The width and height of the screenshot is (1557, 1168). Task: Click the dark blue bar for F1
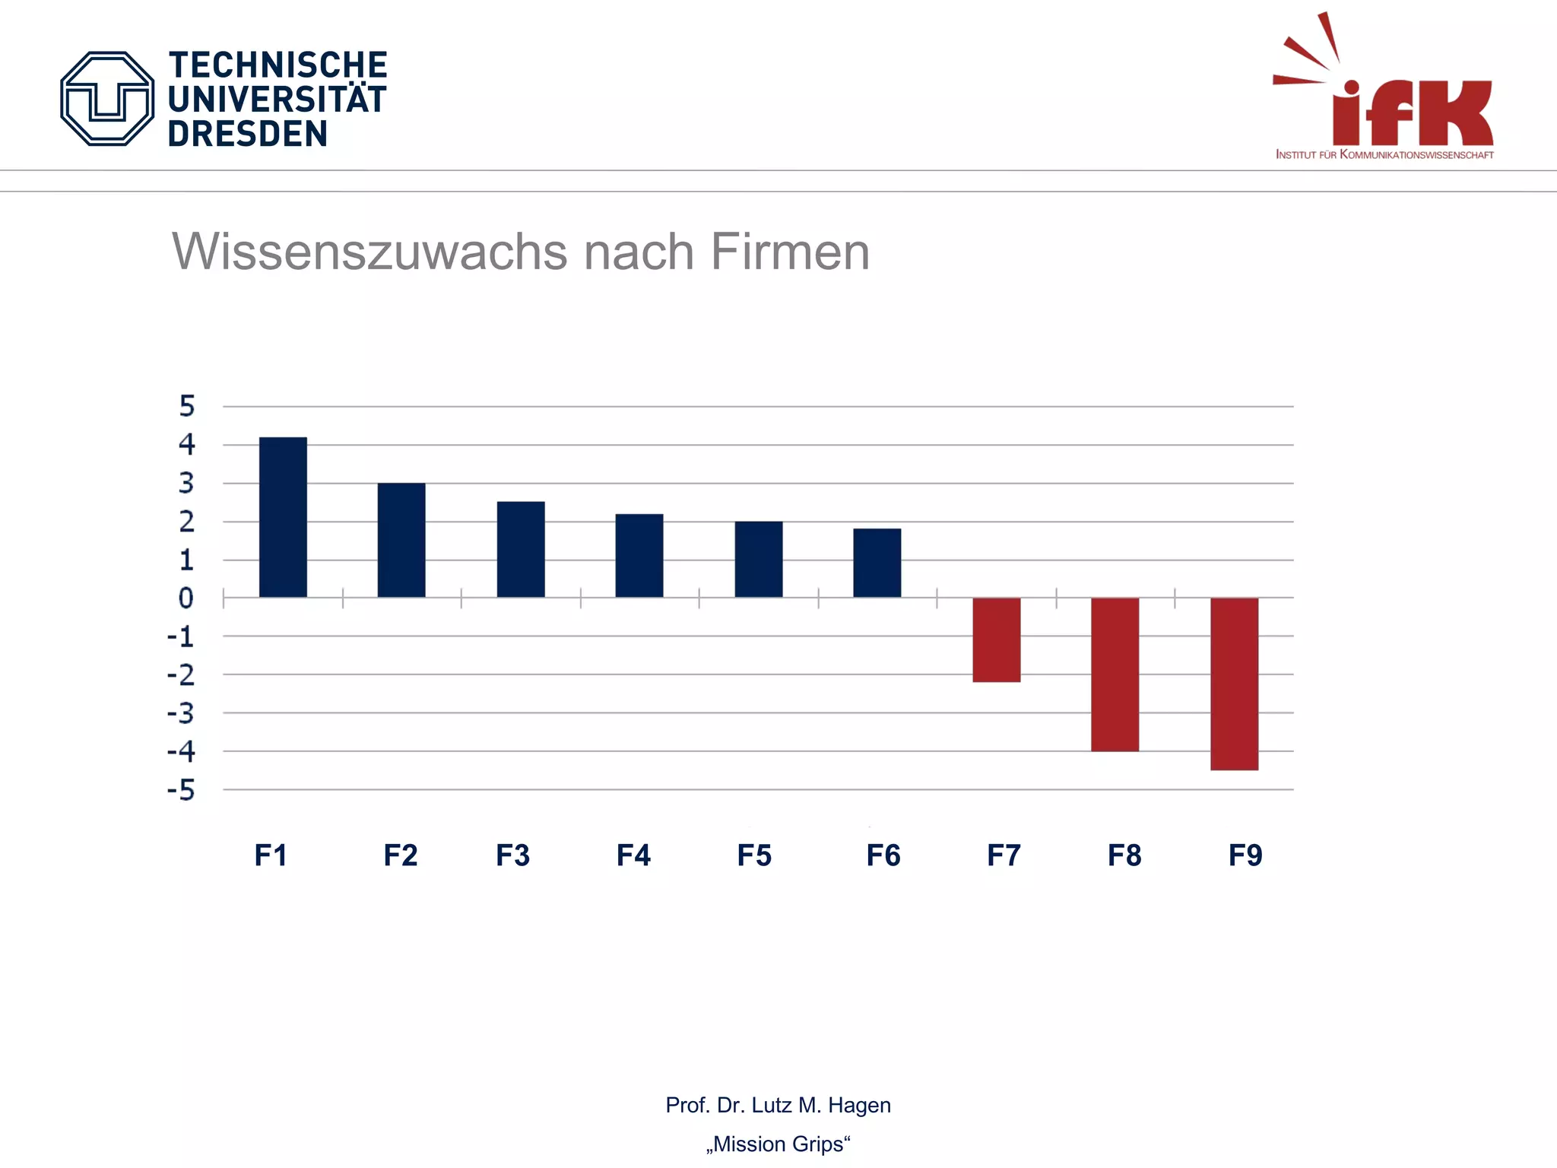coord(283,517)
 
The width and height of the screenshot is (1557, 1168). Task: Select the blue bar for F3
coord(521,549)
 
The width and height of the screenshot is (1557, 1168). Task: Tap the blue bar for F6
coord(877,563)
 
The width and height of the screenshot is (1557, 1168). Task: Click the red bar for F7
coord(996,640)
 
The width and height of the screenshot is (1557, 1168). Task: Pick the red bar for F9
coord(1234,684)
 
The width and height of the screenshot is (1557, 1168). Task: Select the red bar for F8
coord(1115,674)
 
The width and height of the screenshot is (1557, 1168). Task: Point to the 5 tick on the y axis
coord(187,406)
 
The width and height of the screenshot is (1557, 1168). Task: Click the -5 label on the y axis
coord(182,790)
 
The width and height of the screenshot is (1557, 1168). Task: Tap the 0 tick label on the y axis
coord(186,598)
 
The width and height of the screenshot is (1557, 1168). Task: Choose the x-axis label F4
coord(633,855)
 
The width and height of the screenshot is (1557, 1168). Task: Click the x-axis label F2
coord(401,855)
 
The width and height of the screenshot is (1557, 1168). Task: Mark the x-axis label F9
coord(1245,855)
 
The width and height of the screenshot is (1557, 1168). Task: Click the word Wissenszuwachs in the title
coord(369,252)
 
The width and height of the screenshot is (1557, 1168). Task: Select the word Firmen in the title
coord(790,252)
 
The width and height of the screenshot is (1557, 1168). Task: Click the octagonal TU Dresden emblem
coord(107,99)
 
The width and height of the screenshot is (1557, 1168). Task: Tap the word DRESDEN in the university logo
coord(248,135)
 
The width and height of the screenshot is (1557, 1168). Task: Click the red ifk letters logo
coord(1413,113)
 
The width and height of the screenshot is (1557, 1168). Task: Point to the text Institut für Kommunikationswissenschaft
coord(1384,155)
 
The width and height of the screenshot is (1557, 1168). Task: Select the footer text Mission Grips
coord(778,1144)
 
